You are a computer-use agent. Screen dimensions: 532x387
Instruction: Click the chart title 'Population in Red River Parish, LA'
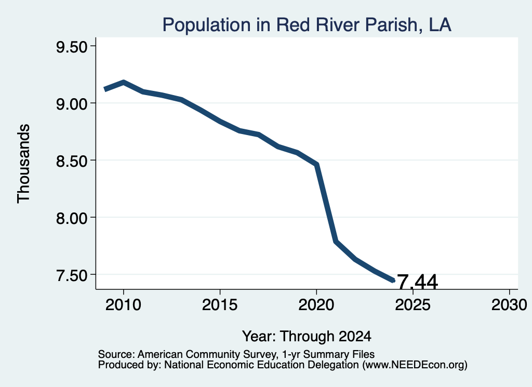[x=307, y=25]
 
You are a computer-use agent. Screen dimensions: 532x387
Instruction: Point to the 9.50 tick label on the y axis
[x=72, y=47]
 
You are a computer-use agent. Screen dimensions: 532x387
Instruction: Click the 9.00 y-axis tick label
[x=72, y=104]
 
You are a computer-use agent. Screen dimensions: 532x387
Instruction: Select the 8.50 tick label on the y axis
[x=72, y=161]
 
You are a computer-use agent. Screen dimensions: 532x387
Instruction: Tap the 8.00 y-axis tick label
[x=72, y=218]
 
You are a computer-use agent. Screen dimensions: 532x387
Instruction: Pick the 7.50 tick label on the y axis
[x=72, y=275]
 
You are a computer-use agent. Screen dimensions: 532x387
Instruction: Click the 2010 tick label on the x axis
[x=123, y=304]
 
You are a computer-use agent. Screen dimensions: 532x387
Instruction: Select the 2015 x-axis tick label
[x=220, y=304]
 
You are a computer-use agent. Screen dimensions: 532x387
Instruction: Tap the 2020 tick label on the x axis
[x=316, y=304]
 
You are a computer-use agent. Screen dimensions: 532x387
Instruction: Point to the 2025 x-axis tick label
[x=413, y=304]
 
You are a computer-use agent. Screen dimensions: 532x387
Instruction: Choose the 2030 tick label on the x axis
[x=509, y=304]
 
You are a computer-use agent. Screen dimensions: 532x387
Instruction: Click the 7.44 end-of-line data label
[x=417, y=282]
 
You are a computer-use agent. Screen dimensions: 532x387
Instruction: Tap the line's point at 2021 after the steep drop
[x=336, y=242]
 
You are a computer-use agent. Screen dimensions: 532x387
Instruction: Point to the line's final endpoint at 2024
[x=394, y=281]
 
